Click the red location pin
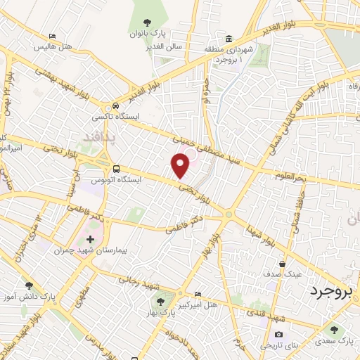click(181, 165)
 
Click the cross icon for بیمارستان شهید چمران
click(89, 239)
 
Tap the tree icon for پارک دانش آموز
click(29, 285)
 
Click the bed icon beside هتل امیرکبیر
click(197, 294)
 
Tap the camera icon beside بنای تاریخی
click(279, 334)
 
